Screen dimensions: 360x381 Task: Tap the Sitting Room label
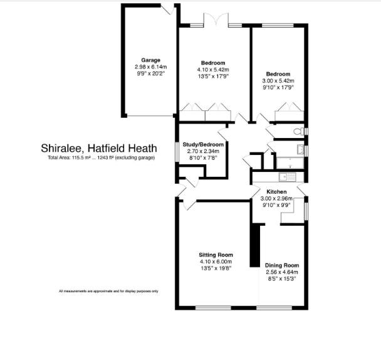coord(216,255)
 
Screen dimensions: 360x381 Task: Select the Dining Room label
coord(281,265)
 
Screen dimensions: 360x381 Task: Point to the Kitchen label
coord(276,191)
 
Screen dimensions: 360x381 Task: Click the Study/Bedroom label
coord(203,144)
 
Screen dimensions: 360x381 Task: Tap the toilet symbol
coord(298,131)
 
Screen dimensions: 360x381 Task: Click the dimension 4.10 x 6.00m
coord(216,262)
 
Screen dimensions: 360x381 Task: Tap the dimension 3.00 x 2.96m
coord(276,198)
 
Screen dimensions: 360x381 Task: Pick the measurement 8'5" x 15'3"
coord(281,279)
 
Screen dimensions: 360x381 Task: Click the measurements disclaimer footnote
coord(108,291)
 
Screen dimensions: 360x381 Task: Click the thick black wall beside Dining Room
coord(254,245)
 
